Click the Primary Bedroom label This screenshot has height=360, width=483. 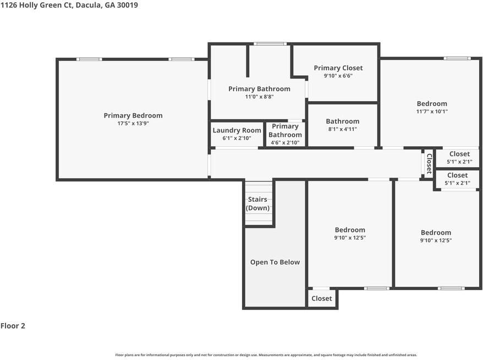(x=133, y=115)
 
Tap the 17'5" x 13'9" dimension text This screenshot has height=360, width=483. (x=133, y=123)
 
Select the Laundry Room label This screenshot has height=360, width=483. (x=237, y=130)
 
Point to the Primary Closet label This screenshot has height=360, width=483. (x=338, y=68)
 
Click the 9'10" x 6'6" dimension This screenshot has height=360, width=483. (x=338, y=76)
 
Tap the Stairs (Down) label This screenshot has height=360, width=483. (x=258, y=203)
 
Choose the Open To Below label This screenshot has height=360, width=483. (x=275, y=262)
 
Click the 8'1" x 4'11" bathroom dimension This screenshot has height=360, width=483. (x=343, y=129)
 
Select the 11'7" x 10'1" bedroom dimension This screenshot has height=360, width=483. (x=432, y=112)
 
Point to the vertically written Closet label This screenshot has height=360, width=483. (x=429, y=163)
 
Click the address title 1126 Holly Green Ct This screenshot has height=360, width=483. (x=36, y=5)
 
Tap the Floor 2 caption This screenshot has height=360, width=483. (x=13, y=326)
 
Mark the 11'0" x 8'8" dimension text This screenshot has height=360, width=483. (x=259, y=97)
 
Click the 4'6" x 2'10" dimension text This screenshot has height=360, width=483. (x=286, y=142)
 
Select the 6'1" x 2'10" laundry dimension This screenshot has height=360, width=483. (x=237, y=138)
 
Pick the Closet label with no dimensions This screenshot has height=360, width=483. (x=322, y=298)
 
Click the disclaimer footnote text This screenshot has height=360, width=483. (x=266, y=355)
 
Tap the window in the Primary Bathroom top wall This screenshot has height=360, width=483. (x=270, y=43)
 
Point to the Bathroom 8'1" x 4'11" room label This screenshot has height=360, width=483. (x=343, y=121)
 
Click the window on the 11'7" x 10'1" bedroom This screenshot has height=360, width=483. (x=457, y=58)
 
